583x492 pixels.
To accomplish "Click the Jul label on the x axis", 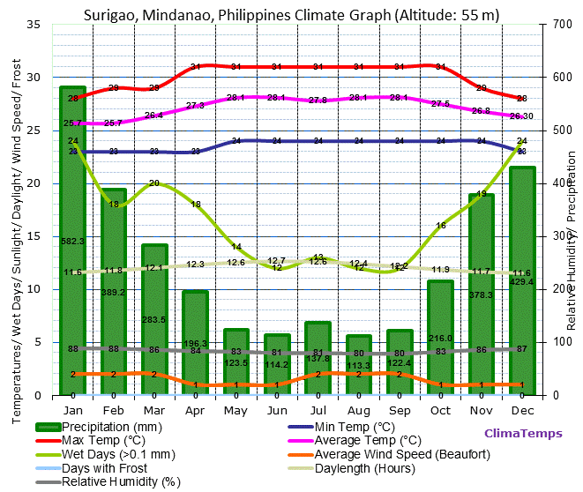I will click(318, 411).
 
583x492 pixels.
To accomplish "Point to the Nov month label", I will click(481, 411).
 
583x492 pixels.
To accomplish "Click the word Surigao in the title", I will click(110, 14).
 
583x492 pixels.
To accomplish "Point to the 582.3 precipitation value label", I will click(72, 241).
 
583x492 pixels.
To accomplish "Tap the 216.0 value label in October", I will click(440, 339).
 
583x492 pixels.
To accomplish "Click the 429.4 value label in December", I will click(522, 281).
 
